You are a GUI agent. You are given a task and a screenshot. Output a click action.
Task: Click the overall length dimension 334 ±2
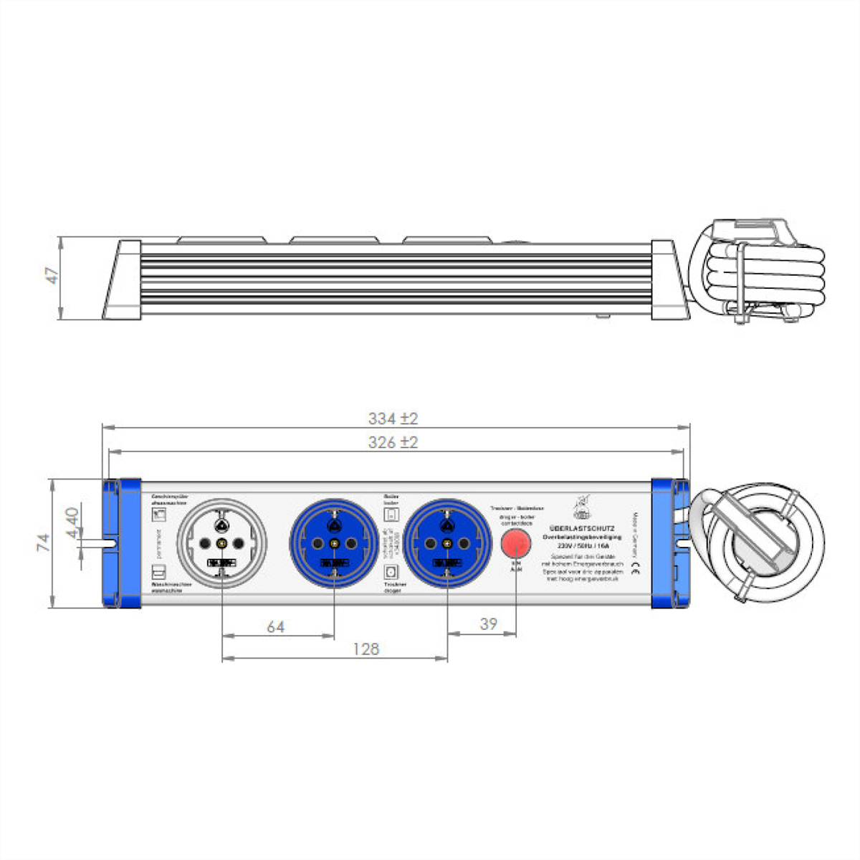pos(393,419)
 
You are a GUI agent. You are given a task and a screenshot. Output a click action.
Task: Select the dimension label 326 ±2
pos(393,443)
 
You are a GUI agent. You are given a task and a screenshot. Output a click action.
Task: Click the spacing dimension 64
pos(276,627)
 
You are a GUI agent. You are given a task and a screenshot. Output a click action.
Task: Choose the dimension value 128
pos(365,649)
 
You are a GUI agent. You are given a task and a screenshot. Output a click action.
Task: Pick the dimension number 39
pos(488,624)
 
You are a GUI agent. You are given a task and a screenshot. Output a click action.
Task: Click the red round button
pos(516,544)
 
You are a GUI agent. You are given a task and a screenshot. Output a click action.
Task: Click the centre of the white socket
pos(222,544)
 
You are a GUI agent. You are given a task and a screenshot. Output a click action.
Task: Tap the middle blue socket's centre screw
pos(335,544)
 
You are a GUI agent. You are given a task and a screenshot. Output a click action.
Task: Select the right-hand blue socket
pos(447,544)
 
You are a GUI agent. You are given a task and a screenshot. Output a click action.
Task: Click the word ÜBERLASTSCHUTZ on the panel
pos(581,527)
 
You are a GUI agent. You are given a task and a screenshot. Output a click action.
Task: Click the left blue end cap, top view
pos(121,544)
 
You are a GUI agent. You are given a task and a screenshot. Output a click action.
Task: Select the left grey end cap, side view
pos(124,279)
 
